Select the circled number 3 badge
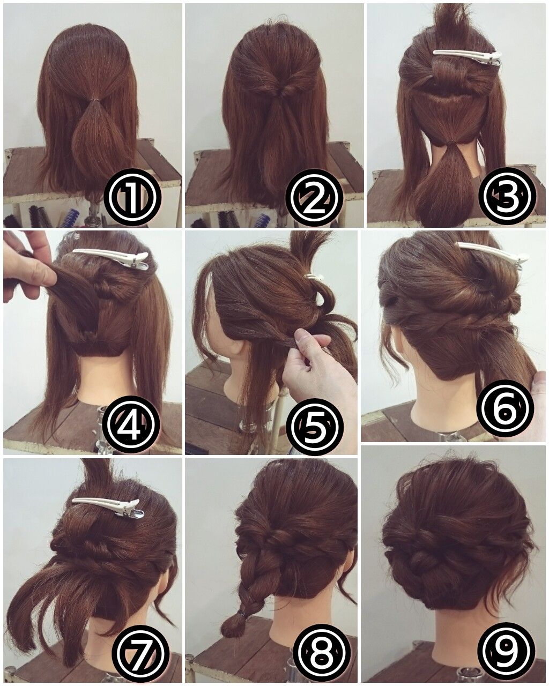[x=507, y=197]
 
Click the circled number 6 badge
[x=505, y=409]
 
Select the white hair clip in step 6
[x=493, y=255]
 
